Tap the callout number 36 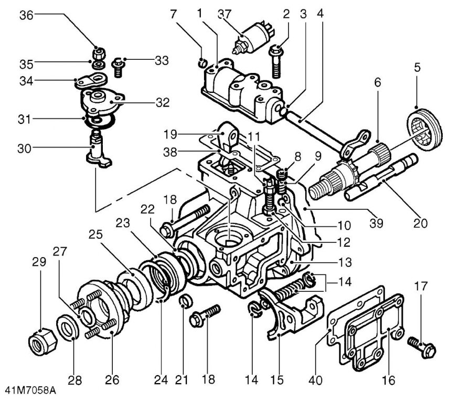pyautogui.click(x=26, y=15)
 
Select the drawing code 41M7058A pyautogui.click(x=30, y=390)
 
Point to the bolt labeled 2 pyautogui.click(x=276, y=61)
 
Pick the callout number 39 pyautogui.click(x=376, y=223)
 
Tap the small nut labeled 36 pyautogui.click(x=99, y=54)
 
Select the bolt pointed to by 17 pyautogui.click(x=422, y=346)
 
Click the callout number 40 pyautogui.click(x=315, y=380)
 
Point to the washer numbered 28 pyautogui.click(x=68, y=327)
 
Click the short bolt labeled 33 pyautogui.click(x=118, y=68)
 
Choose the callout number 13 pyautogui.click(x=345, y=262)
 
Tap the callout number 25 pyautogui.click(x=95, y=234)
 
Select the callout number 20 pyautogui.click(x=420, y=223)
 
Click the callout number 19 pyautogui.click(x=170, y=134)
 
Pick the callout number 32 pyautogui.click(x=163, y=103)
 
